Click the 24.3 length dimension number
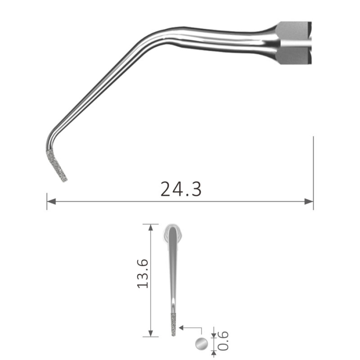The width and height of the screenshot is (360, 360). coord(181,189)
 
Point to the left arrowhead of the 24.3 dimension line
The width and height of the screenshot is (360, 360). coord(51,202)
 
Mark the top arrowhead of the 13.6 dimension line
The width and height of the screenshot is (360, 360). coord(150,228)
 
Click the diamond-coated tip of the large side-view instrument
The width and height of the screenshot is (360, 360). coord(57,165)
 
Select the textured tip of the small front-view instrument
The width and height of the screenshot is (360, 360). coord(173,324)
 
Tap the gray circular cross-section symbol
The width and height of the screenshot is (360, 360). coord(201,344)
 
